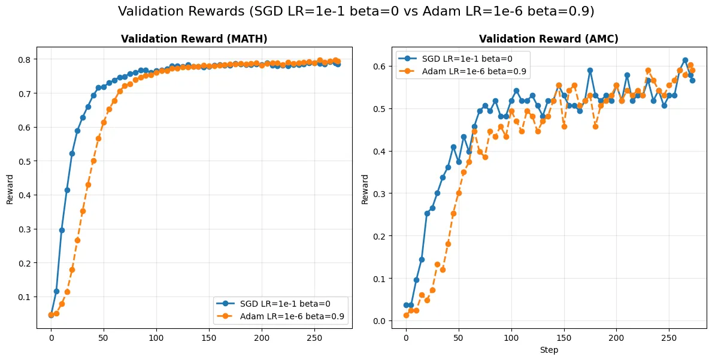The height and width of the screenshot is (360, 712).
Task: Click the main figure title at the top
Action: pos(356,11)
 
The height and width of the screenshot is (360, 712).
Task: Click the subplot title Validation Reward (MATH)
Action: pos(194,39)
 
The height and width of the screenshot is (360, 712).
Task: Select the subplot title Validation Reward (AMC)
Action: pos(549,39)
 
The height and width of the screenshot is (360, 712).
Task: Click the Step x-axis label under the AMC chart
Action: pos(549,349)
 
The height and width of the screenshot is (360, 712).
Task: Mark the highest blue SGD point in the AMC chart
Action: pos(685,60)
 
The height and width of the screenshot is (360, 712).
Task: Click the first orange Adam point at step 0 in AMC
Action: pos(406,315)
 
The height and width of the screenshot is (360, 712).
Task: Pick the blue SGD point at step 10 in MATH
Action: pos(62,230)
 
